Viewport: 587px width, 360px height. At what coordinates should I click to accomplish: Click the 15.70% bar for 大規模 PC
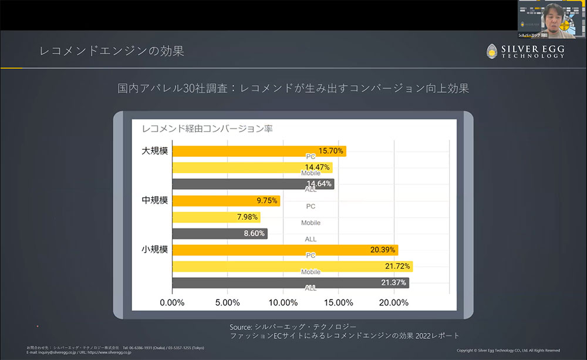pos(258,152)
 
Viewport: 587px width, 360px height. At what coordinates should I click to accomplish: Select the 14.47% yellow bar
pos(252,167)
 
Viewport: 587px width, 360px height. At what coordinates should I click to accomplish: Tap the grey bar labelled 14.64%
pos(252,184)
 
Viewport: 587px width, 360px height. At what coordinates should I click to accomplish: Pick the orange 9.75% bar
pos(225,201)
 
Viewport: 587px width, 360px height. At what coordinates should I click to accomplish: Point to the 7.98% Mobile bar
pos(215,217)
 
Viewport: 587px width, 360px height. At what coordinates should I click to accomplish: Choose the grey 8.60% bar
pos(219,234)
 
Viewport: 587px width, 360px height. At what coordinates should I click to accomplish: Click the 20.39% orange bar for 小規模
pos(285,250)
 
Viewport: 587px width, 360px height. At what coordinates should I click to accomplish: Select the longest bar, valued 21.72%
pos(292,267)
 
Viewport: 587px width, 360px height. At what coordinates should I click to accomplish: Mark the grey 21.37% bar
pos(290,283)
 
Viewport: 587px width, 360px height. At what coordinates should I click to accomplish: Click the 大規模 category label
pos(155,151)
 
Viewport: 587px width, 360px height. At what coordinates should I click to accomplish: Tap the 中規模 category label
pos(155,200)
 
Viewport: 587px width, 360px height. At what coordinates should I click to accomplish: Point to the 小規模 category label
pos(155,250)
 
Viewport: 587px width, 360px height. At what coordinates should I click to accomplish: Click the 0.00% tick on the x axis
pos(172,302)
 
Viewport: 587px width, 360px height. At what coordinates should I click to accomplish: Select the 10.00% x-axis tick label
pos(283,302)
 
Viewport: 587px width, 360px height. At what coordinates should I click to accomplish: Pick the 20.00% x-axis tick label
pos(394,302)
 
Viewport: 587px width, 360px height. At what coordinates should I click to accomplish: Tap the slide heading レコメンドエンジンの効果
pos(112,51)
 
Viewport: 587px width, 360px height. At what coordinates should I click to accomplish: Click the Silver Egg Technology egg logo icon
pos(492,51)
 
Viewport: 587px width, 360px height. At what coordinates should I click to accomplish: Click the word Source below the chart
pos(241,327)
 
